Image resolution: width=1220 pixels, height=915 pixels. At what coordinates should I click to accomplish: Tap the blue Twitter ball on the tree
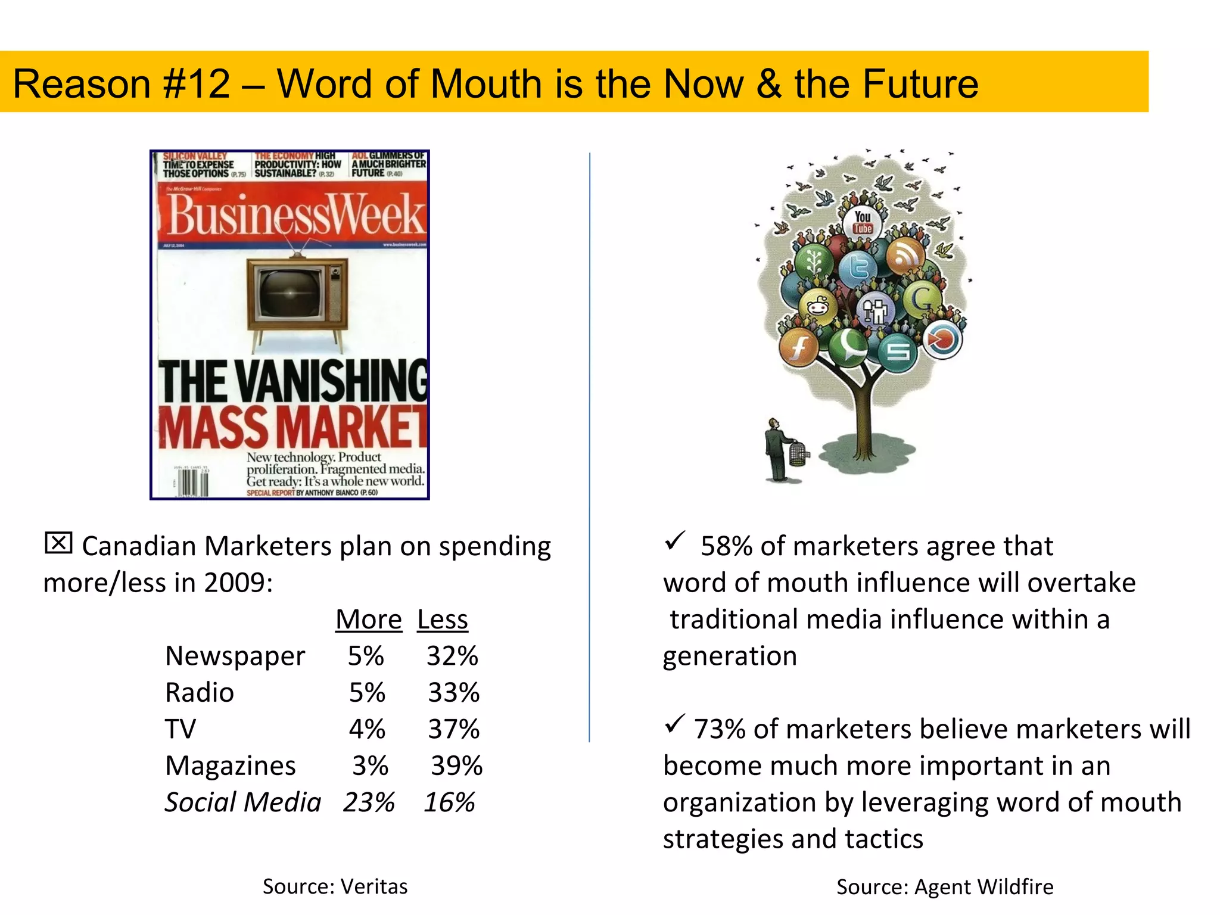(858, 267)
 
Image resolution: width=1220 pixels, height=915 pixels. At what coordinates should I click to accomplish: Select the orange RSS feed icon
(905, 256)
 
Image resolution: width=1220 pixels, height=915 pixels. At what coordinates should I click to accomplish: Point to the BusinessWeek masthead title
(295, 214)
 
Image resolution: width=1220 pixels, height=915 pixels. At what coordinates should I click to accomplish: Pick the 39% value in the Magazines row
(456, 765)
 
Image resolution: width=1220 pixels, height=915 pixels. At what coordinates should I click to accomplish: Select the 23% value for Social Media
(369, 802)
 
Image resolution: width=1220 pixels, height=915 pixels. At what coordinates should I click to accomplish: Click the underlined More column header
(369, 620)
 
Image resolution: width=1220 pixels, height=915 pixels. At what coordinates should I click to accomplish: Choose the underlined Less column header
(443, 620)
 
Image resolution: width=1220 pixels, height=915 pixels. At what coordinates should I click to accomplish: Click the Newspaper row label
(235, 656)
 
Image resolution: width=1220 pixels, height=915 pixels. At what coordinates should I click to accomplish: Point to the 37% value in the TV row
(453, 729)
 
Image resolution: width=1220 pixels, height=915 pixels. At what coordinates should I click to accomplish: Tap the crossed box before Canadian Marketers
(58, 543)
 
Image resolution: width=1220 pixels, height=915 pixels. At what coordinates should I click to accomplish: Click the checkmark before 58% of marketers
(675, 540)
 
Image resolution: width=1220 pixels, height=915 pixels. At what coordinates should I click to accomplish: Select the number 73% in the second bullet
(719, 729)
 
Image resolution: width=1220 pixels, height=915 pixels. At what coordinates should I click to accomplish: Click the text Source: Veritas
(335, 886)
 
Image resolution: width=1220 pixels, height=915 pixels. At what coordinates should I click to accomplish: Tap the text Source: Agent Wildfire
(945, 887)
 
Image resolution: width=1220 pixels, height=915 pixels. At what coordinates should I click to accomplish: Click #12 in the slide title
(196, 83)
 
